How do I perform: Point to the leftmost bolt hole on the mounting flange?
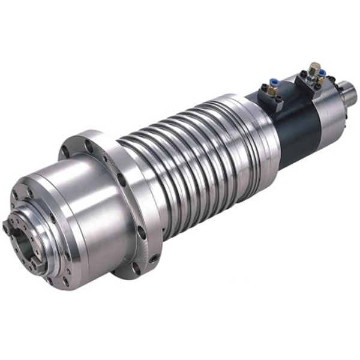64,151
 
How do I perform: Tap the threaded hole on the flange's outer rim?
154,259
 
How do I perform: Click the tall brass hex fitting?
314,68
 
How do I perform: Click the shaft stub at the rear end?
349,93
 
